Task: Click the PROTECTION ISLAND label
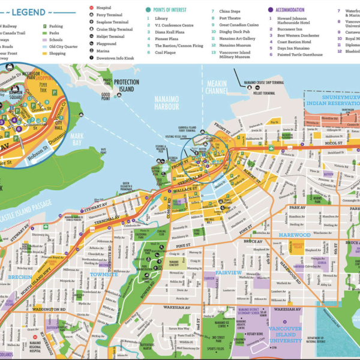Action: point(126,85)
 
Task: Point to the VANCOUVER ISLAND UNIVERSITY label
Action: point(287,334)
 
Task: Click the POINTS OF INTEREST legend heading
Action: point(170,10)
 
